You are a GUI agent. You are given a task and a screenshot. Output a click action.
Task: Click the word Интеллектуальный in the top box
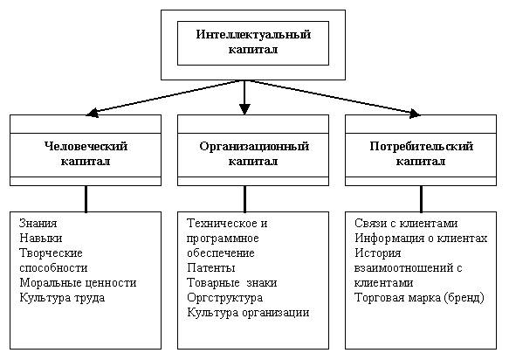click(253, 34)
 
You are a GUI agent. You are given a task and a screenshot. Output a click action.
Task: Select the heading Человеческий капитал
click(86, 154)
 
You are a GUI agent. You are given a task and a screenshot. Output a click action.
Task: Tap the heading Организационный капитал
click(253, 154)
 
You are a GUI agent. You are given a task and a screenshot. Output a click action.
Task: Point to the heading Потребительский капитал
click(421, 154)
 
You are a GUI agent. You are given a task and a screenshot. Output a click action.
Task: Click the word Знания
click(38, 223)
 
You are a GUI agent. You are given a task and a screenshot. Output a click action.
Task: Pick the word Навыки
click(41, 239)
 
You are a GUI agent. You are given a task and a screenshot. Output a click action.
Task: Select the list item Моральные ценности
click(78, 283)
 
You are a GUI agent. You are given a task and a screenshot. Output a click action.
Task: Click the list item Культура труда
click(62, 298)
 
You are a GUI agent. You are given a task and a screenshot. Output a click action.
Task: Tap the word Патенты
click(211, 267)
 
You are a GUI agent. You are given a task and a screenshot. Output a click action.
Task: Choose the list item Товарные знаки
click(232, 283)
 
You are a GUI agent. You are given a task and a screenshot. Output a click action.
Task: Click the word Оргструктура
click(225, 298)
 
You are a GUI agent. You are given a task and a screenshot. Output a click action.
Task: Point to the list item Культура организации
click(248, 313)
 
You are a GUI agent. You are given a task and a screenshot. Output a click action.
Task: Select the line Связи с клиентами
click(406, 223)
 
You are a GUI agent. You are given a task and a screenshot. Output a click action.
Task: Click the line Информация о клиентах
click(421, 239)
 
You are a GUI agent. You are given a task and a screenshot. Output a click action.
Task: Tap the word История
click(378, 253)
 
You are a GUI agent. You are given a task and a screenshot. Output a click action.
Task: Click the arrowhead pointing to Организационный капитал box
click(244, 109)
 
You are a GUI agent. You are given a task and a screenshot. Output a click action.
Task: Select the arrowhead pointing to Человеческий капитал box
click(93, 113)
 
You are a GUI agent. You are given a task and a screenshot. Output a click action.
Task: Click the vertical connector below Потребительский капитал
click(422, 199)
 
